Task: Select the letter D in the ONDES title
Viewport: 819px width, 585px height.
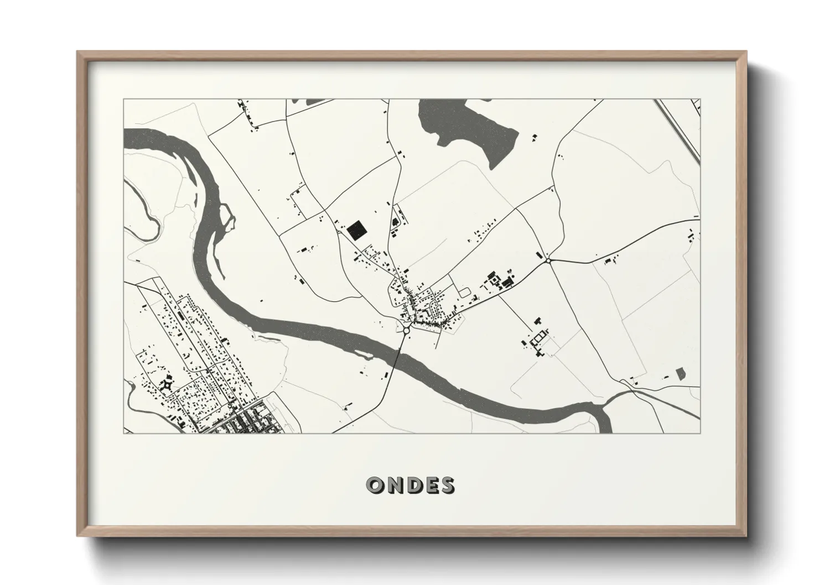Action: pyautogui.click(x=411, y=485)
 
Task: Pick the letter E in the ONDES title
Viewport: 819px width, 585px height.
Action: pyautogui.click(x=429, y=485)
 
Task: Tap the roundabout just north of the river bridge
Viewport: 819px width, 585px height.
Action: pyautogui.click(x=406, y=330)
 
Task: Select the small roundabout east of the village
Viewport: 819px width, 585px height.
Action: pyautogui.click(x=548, y=260)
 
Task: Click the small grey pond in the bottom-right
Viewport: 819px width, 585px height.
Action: pyautogui.click(x=680, y=374)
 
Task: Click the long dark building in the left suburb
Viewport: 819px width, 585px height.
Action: pyautogui.click(x=180, y=316)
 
